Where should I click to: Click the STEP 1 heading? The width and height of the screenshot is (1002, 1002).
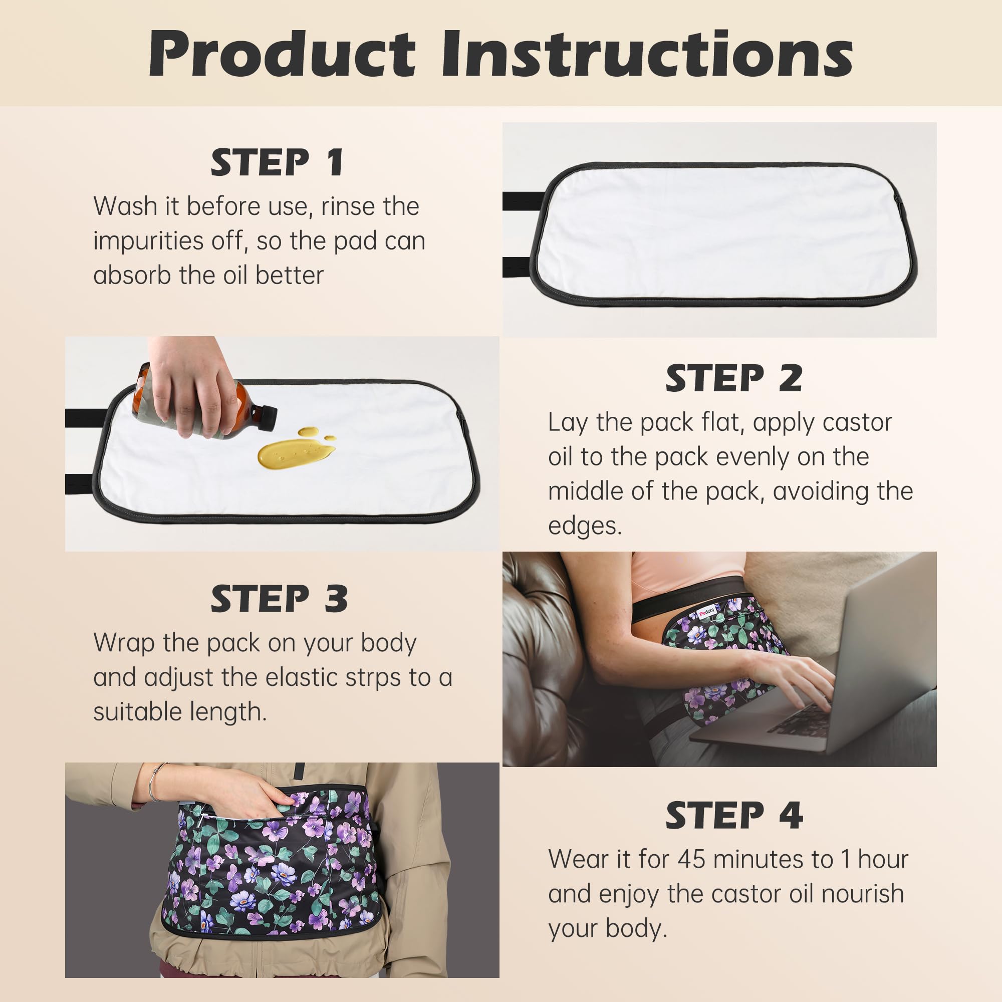277,162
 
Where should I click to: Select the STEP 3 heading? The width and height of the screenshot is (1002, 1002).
279,599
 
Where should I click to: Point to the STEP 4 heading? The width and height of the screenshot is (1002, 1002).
733,815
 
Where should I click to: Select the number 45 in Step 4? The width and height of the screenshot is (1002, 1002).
692,859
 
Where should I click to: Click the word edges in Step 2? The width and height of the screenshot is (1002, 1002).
585,526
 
